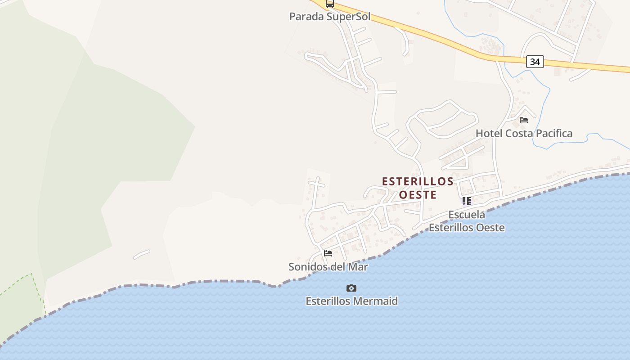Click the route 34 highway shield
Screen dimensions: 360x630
click(535, 62)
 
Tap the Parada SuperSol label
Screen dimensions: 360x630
click(330, 17)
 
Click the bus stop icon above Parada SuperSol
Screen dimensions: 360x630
click(330, 4)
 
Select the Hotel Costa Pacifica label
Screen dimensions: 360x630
click(524, 133)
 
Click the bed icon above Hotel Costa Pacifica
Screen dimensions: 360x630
click(524, 120)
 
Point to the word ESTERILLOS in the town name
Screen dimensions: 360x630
click(418, 181)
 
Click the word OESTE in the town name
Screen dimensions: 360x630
click(418, 195)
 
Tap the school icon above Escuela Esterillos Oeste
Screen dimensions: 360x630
click(467, 201)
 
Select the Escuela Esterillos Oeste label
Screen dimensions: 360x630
click(467, 221)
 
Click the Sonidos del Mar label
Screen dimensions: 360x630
click(328, 267)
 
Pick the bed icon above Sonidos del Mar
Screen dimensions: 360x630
click(328, 253)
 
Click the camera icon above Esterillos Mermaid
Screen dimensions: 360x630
click(351, 288)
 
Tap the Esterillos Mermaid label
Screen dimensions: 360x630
click(351, 301)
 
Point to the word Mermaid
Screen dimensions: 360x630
click(376, 301)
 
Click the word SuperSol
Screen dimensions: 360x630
click(348, 17)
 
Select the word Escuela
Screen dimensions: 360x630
click(467, 214)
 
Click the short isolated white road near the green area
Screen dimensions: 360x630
click(141, 254)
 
